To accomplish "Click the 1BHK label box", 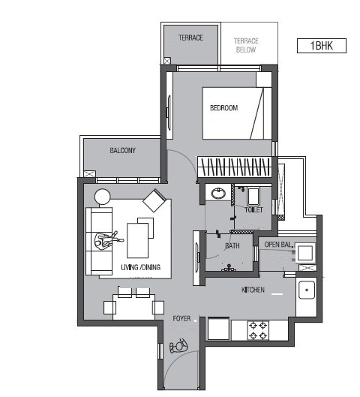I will tap(322, 46).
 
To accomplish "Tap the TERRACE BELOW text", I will tap(245, 45).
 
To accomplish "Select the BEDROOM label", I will tap(223, 108).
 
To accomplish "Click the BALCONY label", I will tap(122, 150).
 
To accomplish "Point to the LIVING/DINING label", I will tap(140, 268).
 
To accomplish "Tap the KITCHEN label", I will tap(253, 289).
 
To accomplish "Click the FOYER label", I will tap(181, 318).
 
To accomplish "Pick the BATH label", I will tap(232, 245).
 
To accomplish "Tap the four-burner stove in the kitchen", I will tap(259, 329).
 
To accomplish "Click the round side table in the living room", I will tap(102, 197).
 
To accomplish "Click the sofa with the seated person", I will tap(99, 240).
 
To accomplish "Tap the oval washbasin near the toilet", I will tap(218, 194).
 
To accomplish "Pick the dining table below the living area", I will tap(135, 306).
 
